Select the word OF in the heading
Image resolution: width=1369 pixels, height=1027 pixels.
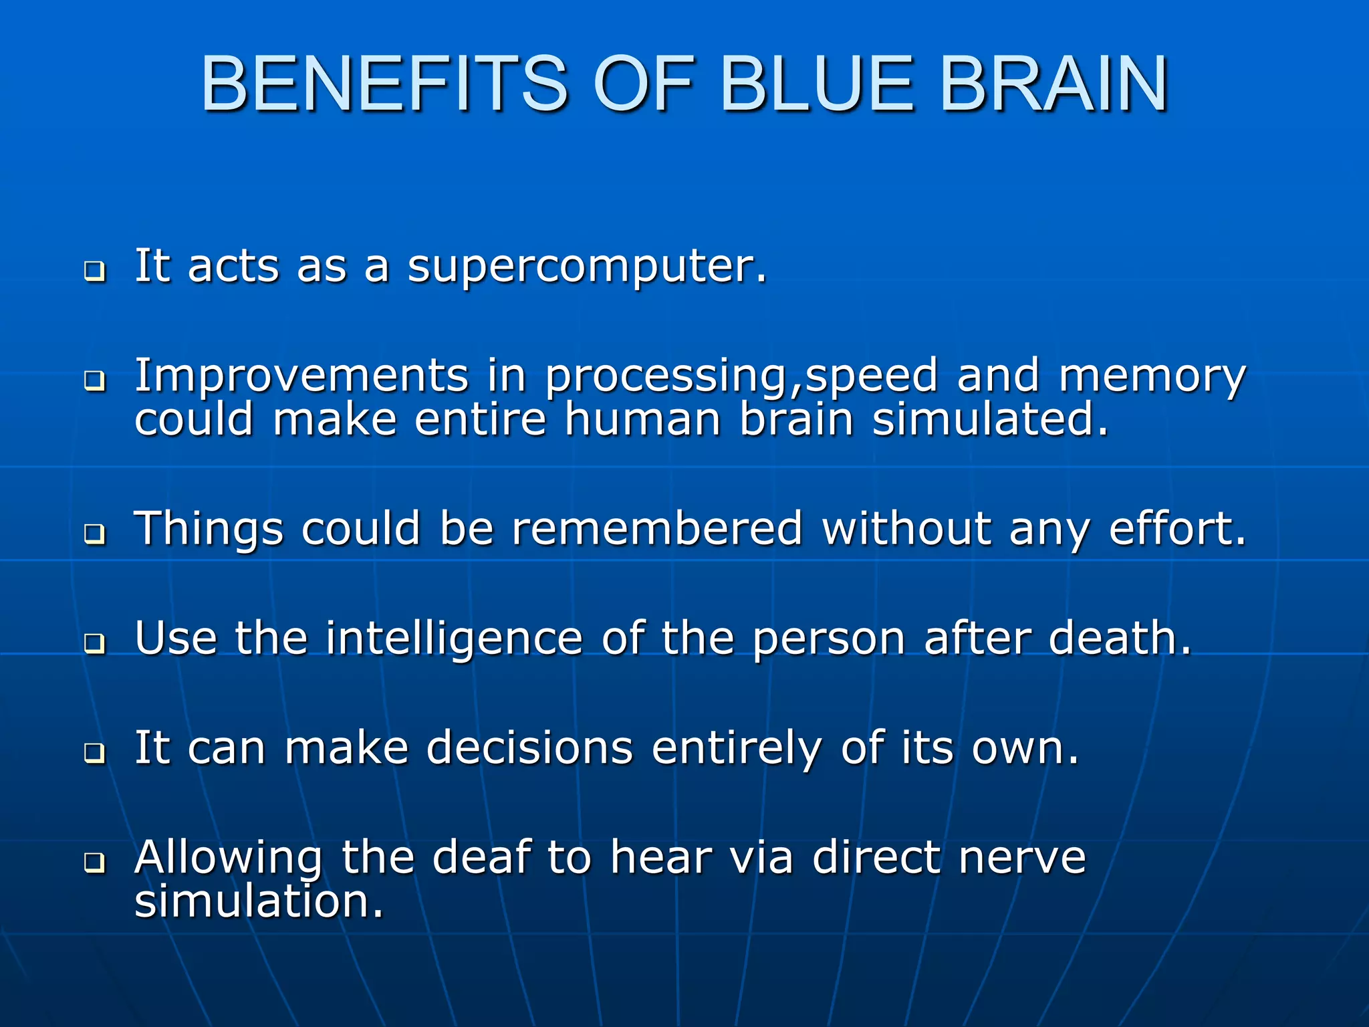coord(644,84)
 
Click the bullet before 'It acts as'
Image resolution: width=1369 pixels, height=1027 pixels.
coord(95,271)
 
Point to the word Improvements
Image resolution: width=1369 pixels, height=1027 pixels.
coord(301,376)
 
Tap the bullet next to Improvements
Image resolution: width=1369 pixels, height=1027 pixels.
coord(95,381)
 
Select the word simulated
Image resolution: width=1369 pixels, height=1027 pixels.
coord(990,420)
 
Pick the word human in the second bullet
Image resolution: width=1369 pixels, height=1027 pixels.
coord(642,420)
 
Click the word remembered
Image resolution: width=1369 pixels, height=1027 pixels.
coord(657,529)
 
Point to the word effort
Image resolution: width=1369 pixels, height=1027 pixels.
coord(1177,529)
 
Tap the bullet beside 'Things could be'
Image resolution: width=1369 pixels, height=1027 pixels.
coord(95,534)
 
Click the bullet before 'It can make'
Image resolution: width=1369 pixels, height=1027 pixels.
coord(95,753)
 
